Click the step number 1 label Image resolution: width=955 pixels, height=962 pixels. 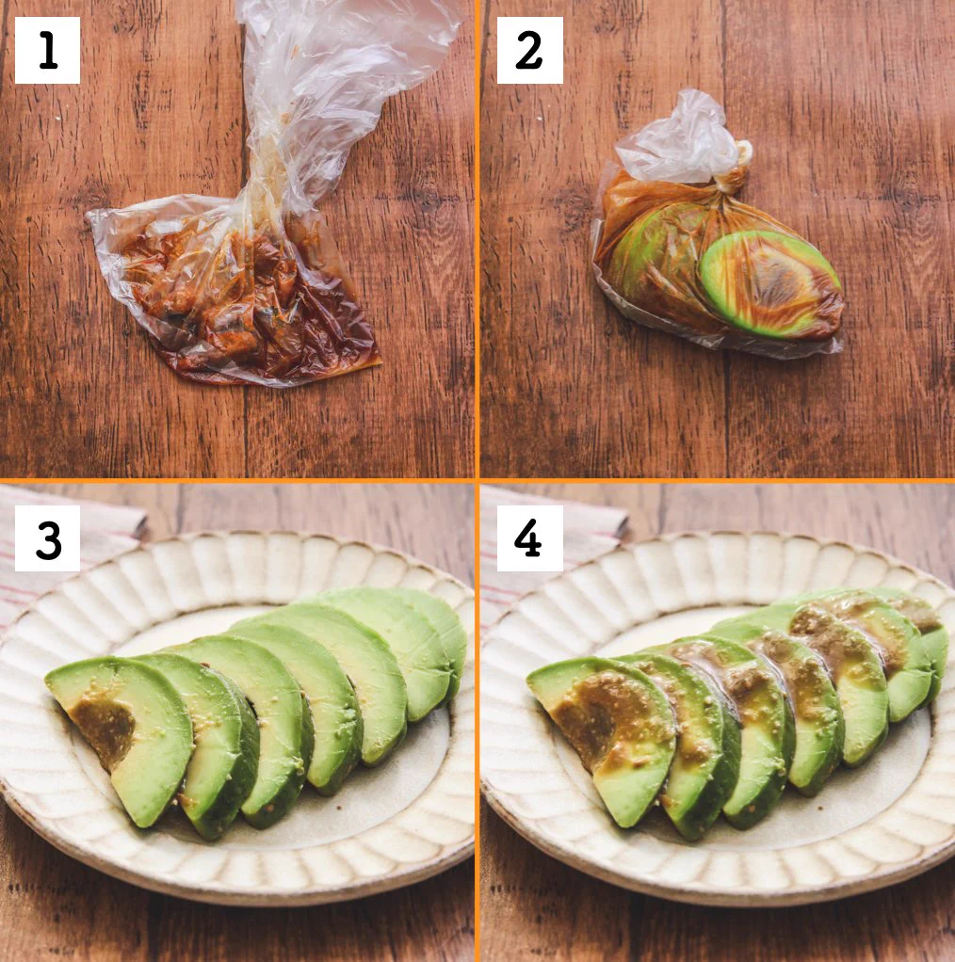(x=47, y=51)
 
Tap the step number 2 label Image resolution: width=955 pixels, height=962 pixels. (x=529, y=51)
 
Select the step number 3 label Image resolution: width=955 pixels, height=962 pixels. (x=47, y=538)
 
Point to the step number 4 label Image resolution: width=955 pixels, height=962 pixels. (x=529, y=538)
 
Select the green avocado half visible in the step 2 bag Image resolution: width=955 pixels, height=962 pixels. (x=768, y=282)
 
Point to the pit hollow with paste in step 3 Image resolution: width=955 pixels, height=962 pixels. (x=104, y=725)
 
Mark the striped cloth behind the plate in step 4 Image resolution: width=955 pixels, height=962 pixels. (x=556, y=574)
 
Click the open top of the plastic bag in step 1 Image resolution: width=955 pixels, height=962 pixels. (x=358, y=47)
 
